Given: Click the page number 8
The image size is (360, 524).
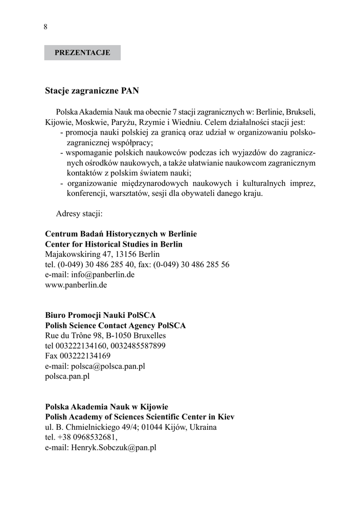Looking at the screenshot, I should tap(46, 27).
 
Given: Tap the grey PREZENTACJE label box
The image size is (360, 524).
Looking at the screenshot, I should tap(82, 53).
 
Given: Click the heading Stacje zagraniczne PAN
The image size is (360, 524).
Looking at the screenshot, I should tap(92, 91).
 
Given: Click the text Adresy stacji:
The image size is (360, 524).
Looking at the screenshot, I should tap(79, 213).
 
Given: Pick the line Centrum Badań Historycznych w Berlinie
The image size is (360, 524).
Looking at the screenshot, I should tap(121, 234).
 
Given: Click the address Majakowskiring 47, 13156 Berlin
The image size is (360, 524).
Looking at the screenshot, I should tap(102, 254).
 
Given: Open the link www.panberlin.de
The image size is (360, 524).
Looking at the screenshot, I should tap(76, 285).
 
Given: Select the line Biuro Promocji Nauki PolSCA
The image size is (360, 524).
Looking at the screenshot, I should tap(100, 315).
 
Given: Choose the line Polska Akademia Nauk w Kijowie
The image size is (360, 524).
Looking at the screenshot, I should tap(106, 407).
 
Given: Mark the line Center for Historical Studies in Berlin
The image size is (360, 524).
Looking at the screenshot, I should tap(114, 244).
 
